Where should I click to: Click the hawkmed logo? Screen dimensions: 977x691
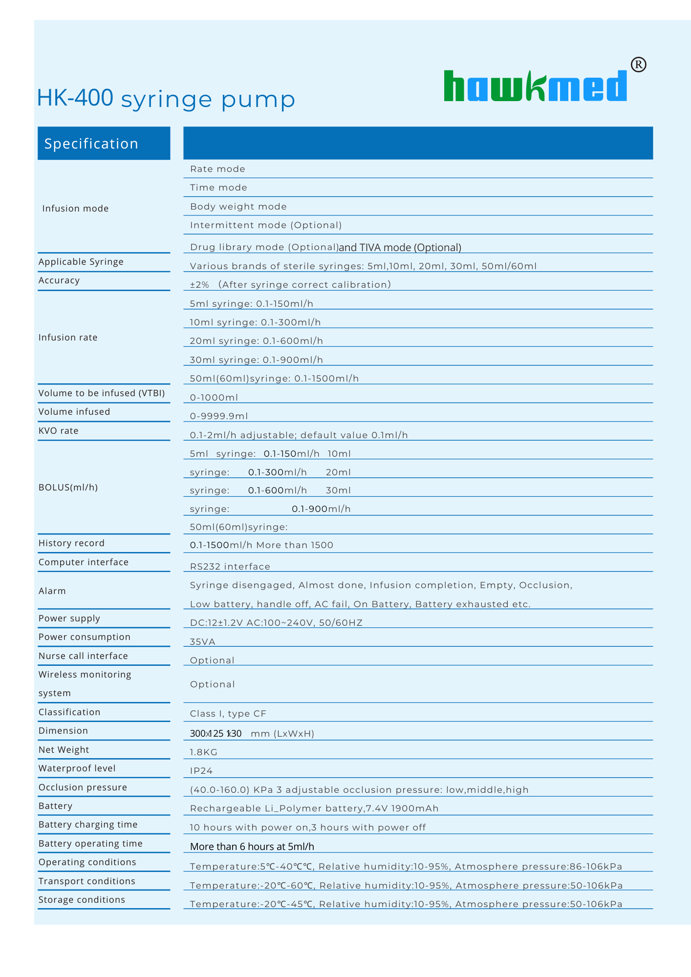tap(535, 86)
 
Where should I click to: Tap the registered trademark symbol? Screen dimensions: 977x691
tap(638, 64)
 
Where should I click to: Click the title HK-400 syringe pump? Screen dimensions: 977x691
tap(166, 99)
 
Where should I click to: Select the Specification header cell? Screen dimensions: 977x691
tap(104, 143)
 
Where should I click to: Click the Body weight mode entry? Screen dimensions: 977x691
tap(238, 206)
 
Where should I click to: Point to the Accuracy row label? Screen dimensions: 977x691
tap(59, 280)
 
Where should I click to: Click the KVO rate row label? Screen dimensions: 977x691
tap(59, 430)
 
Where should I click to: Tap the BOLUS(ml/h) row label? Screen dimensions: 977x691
tap(68, 487)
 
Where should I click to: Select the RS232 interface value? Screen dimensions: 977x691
tap(230, 567)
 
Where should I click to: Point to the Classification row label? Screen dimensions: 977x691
tap(69, 712)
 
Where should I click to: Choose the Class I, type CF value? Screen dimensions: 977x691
tap(228, 714)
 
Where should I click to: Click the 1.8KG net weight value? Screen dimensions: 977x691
tap(203, 752)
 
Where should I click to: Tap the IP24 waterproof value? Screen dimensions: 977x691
tap(201, 771)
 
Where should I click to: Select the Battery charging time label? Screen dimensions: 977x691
tap(88, 825)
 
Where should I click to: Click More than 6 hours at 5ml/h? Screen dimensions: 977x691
tap(252, 847)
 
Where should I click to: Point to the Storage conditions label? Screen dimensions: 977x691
tap(82, 900)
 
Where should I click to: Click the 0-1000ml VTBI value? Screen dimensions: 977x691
tap(214, 398)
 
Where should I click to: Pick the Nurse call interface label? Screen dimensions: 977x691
tap(83, 656)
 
